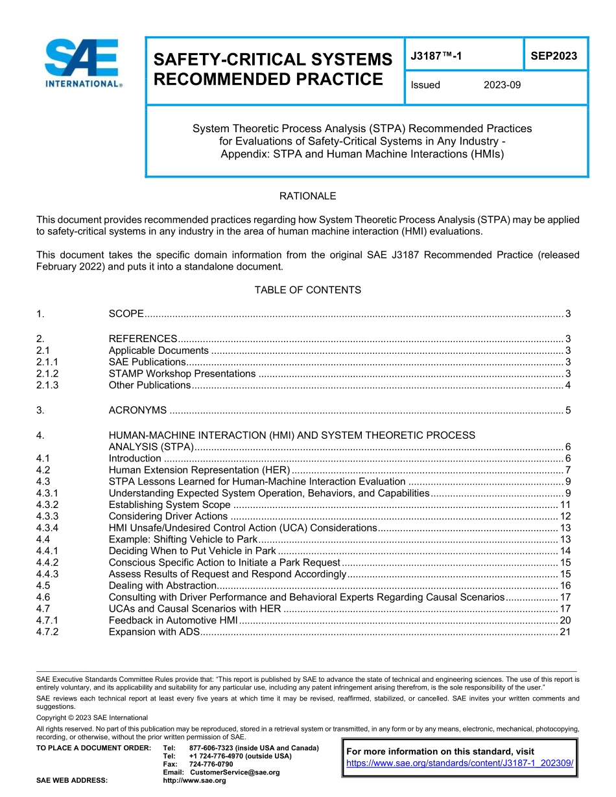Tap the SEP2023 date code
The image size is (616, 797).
(554, 56)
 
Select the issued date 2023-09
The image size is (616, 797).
(502, 85)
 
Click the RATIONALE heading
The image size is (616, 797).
(307, 196)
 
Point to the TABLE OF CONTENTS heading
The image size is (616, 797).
(307, 290)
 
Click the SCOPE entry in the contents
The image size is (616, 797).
(126, 314)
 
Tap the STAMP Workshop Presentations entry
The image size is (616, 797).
(182, 374)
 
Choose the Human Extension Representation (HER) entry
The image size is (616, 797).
(199, 470)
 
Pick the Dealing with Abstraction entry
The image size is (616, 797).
(161, 586)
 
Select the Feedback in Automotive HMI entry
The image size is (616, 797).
(173, 621)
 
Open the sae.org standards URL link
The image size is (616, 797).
(460, 763)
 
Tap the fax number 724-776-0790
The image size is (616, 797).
(211, 765)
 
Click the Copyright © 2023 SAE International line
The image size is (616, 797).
(92, 718)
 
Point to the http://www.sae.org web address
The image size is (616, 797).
(195, 781)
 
